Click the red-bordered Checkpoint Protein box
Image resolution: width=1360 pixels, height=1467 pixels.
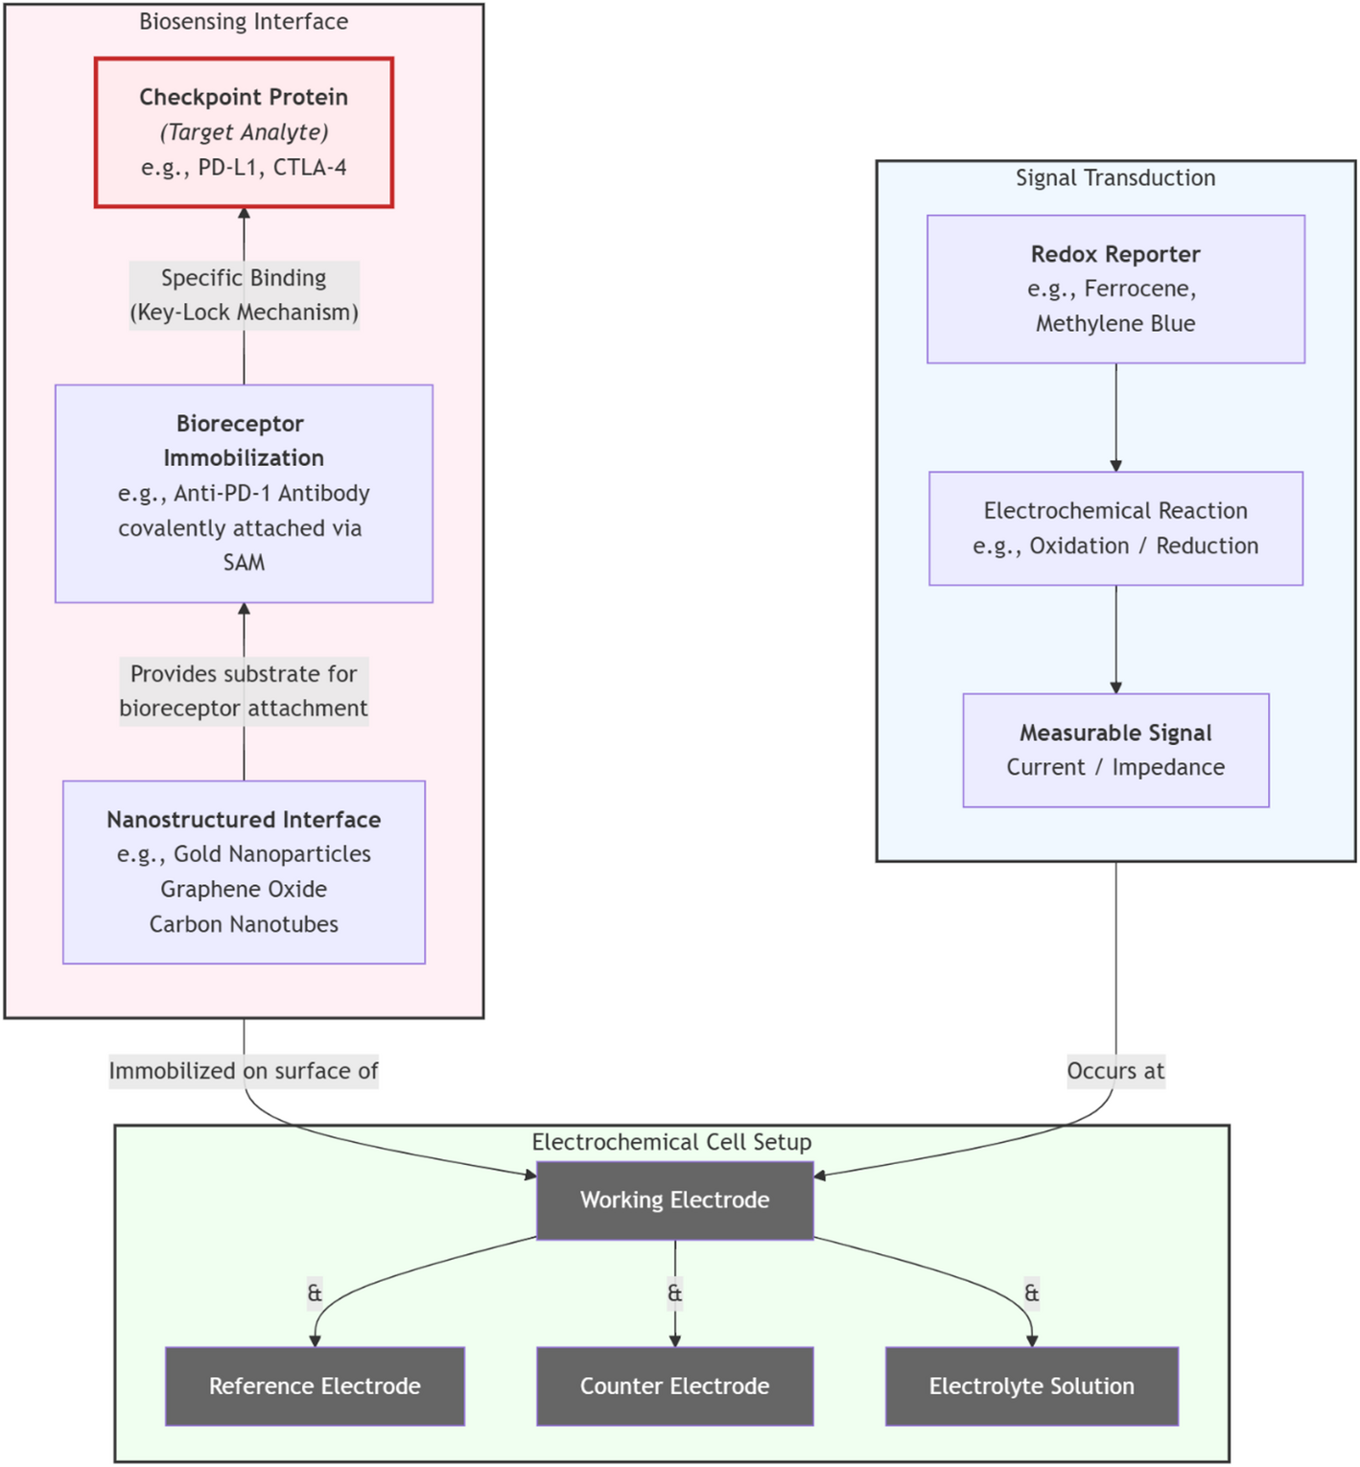click(244, 132)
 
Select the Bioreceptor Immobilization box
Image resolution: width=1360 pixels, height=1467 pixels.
click(244, 493)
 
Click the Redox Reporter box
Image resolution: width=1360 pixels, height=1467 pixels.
click(1115, 289)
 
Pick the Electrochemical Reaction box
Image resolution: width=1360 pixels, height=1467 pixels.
click(1115, 527)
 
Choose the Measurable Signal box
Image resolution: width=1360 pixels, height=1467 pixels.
click(1115, 750)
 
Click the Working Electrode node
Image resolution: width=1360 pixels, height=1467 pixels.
click(674, 1199)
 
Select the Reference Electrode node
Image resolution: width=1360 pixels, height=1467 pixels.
click(315, 1385)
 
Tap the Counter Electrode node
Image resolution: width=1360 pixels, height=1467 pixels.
click(674, 1385)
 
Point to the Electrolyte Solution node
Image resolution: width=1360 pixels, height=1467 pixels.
click(1031, 1385)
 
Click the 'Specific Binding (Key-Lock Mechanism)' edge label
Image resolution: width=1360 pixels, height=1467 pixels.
click(244, 294)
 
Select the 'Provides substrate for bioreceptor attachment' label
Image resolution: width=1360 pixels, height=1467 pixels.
click(244, 690)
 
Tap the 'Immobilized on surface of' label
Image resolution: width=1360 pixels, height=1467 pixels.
click(244, 1070)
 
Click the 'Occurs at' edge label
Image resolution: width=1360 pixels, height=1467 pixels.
click(1115, 1070)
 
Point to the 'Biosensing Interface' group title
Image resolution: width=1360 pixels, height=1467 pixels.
click(244, 21)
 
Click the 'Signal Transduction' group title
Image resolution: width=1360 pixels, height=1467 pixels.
click(1115, 177)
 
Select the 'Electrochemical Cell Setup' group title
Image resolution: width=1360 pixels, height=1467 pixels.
click(671, 1142)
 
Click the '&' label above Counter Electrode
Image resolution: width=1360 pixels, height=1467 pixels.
click(674, 1292)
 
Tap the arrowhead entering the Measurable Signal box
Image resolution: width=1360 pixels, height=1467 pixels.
click(1115, 687)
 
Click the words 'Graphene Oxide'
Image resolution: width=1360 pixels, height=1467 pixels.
click(244, 889)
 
